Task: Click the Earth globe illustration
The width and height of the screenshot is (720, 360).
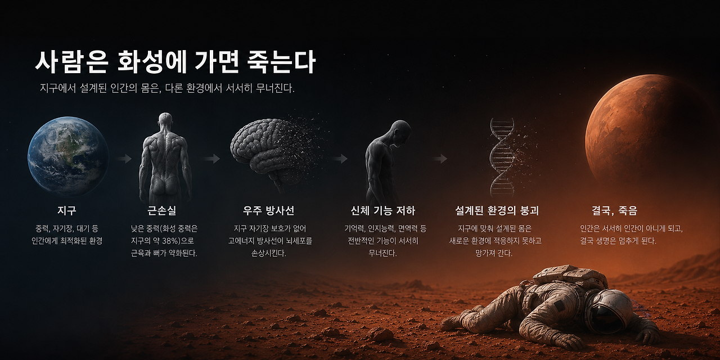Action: (x=68, y=156)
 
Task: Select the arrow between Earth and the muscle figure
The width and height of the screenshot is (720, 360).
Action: (x=124, y=159)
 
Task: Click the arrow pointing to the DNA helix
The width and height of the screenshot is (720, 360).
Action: (x=440, y=159)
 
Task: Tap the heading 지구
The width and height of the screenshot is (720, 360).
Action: (x=67, y=210)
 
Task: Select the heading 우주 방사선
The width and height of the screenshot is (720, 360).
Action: (x=269, y=210)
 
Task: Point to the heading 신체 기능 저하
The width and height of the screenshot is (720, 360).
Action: (x=383, y=210)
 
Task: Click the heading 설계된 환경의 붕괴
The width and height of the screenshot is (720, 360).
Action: (x=497, y=210)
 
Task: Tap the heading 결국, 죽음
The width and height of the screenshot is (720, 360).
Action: (x=615, y=210)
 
